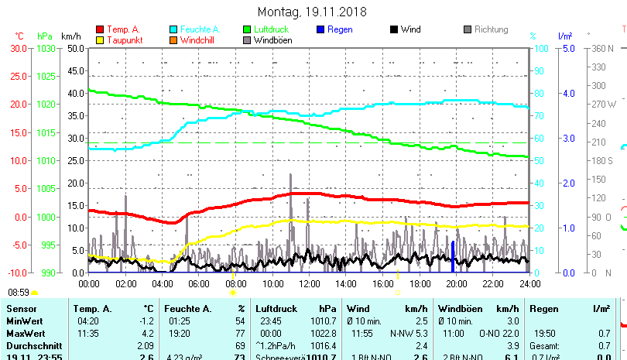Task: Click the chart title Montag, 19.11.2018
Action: [x=312, y=12]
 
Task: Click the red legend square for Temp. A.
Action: [x=99, y=30]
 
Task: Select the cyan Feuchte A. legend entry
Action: [x=194, y=29]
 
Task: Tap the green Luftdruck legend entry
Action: [x=284, y=29]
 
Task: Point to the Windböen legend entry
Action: [x=272, y=40]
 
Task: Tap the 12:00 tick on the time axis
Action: [x=309, y=284]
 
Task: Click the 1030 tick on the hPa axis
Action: [x=46, y=48]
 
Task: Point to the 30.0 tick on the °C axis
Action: [x=19, y=48]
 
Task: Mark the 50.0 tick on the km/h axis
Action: [x=75, y=48]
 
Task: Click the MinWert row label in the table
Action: [x=24, y=321]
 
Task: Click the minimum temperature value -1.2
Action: [x=145, y=321]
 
